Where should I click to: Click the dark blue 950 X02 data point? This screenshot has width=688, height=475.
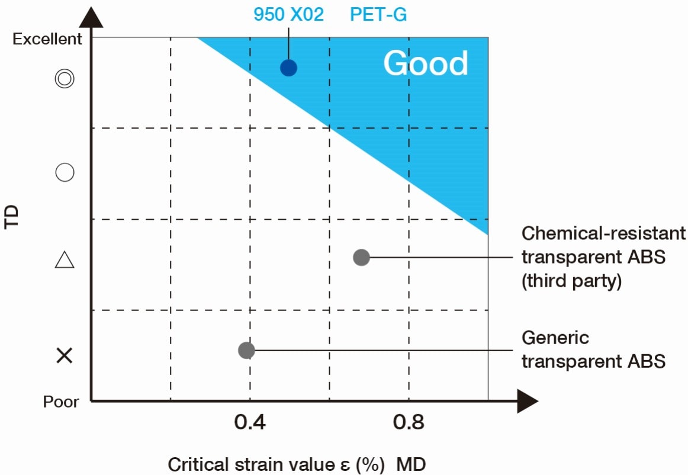pyautogui.click(x=288, y=68)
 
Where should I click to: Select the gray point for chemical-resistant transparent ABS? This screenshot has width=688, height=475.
pyautogui.click(x=361, y=257)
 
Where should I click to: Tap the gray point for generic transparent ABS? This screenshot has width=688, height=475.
pyautogui.click(x=246, y=350)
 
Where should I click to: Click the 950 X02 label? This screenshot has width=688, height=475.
pyautogui.click(x=288, y=14)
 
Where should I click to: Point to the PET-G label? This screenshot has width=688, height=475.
pyautogui.click(x=378, y=14)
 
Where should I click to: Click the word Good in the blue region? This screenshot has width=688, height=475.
pyautogui.click(x=426, y=63)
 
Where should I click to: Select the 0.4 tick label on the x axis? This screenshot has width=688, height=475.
pyautogui.click(x=250, y=423)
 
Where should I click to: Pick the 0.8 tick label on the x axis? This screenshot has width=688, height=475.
pyautogui.click(x=409, y=423)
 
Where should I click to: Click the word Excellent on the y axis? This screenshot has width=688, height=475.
pyautogui.click(x=47, y=39)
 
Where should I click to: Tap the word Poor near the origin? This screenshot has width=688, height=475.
pyautogui.click(x=61, y=402)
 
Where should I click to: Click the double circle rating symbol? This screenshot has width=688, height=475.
pyautogui.click(x=64, y=79)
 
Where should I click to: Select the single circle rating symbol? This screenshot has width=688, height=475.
pyautogui.click(x=64, y=172)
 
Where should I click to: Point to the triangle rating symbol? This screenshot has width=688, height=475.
pyautogui.click(x=64, y=260)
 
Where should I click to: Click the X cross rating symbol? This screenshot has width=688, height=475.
pyautogui.click(x=64, y=355)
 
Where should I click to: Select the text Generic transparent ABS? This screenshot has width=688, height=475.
pyautogui.click(x=593, y=349)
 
